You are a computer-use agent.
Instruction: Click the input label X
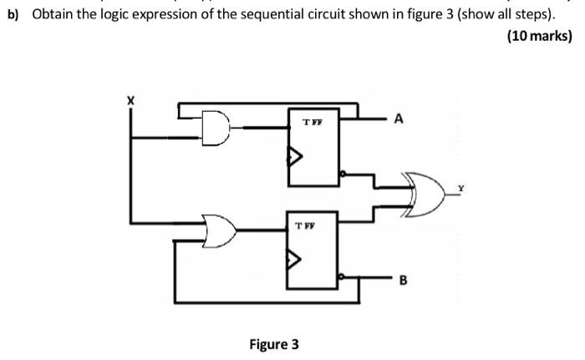(130, 100)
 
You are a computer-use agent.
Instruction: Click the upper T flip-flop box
(312, 147)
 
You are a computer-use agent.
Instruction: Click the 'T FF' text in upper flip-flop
(312, 122)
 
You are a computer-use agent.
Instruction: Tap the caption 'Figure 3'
(273, 343)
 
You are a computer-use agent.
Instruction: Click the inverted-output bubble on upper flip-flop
(343, 175)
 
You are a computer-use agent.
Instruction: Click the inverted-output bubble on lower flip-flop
(343, 275)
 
